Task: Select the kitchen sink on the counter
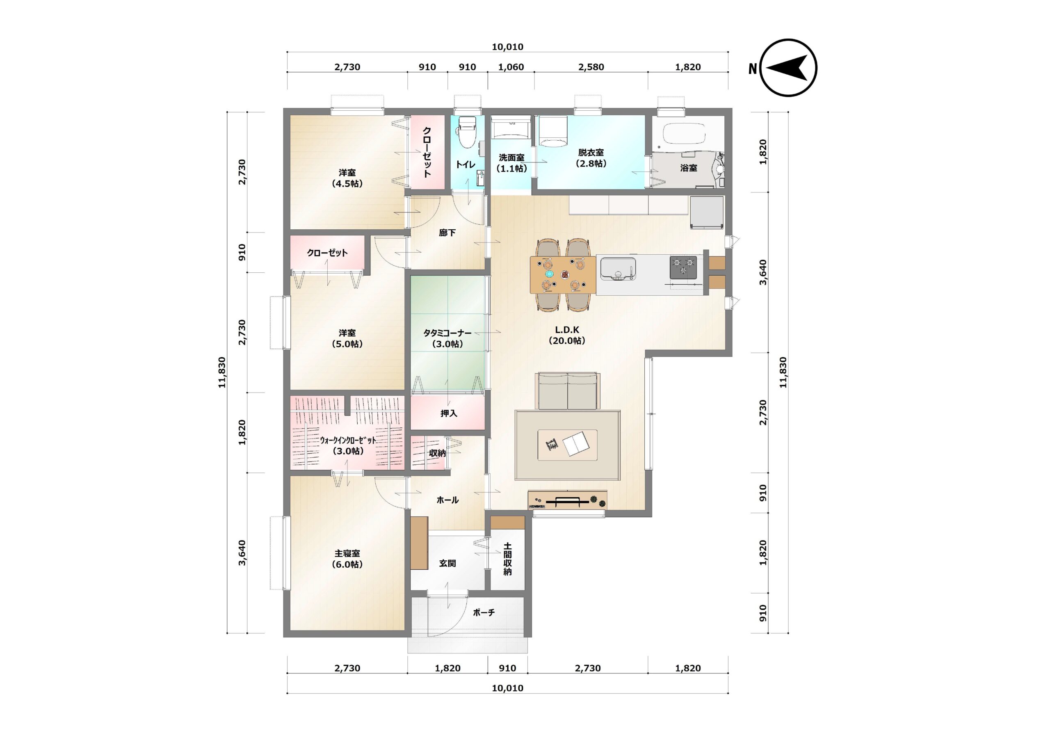618,269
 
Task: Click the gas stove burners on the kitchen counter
683,267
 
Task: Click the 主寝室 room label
347,559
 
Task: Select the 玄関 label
447,563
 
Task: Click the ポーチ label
484,612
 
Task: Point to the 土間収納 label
508,559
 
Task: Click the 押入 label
449,413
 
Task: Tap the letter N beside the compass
753,68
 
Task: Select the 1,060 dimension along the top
511,67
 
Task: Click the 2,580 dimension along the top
591,67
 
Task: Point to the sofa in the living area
568,390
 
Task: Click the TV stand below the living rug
568,500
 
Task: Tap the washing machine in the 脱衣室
553,131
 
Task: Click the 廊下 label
447,233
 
